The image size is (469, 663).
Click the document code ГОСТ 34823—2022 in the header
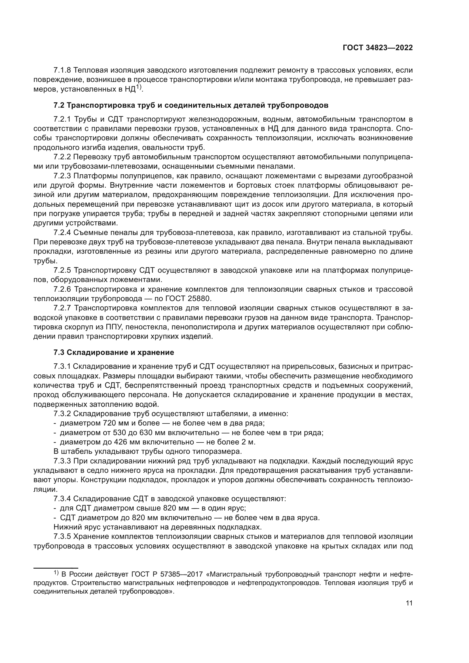[377, 48]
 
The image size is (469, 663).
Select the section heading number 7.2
[59, 105]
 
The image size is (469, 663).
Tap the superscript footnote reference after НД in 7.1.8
[139, 87]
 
